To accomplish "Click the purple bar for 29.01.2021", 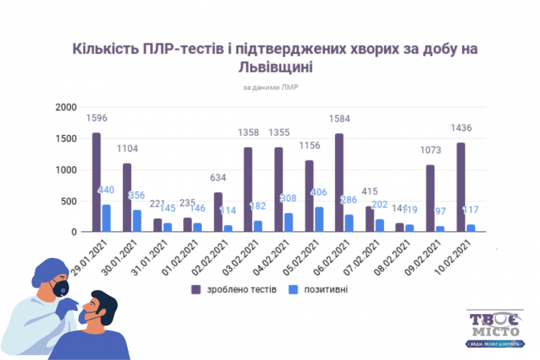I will [x=96, y=182].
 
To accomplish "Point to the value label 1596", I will [x=96, y=119].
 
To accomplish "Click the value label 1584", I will [x=339, y=119].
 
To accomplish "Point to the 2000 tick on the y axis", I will [x=65, y=107].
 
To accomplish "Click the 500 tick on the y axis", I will [x=68, y=201].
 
